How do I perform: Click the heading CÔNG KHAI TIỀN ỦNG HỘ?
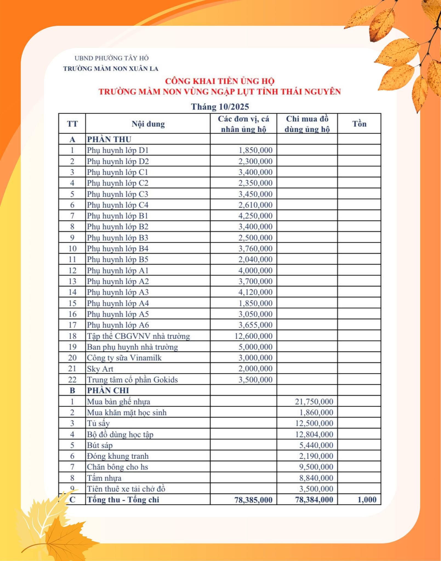coord(220,81)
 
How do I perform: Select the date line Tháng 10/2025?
coord(220,107)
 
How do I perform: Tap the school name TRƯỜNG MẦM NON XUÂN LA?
coord(111,69)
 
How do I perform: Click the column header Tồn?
coord(359,124)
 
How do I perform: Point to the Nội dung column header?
coord(148,124)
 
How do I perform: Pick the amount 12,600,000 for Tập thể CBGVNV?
coord(253,336)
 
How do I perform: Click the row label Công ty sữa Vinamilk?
coord(124,358)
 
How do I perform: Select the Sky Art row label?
coord(100,369)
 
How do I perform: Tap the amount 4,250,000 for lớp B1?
coord(255,216)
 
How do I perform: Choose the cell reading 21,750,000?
coord(314,402)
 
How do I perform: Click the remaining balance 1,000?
coord(367,500)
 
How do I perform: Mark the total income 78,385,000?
coord(253,500)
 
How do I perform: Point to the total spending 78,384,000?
coord(314,500)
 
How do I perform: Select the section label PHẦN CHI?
coord(108,390)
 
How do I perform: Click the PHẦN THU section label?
coord(109,139)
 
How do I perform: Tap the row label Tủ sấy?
coord(98,423)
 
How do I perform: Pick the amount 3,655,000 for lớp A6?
coord(255,325)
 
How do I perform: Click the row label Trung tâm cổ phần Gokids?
coord(132,380)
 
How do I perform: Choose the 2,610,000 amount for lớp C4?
coord(255,205)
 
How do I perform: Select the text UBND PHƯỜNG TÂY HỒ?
coord(112,58)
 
